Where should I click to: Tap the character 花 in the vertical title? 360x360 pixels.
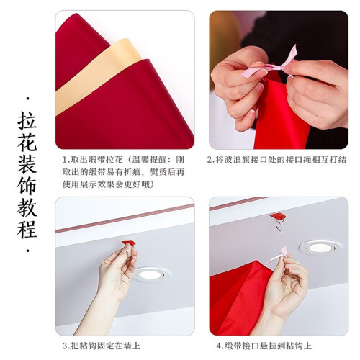(27, 143)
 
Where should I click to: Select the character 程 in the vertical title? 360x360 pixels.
(27, 228)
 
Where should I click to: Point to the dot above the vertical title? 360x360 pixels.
(28, 99)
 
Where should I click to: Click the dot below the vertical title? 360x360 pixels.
(28, 251)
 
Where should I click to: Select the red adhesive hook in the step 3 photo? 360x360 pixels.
(128, 243)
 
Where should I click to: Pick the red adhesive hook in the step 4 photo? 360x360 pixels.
(278, 216)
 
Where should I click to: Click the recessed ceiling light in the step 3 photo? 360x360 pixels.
(150, 274)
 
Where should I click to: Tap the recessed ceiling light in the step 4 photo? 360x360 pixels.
(320, 248)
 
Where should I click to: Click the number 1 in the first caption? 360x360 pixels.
(65, 160)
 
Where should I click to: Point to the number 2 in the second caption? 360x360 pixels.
(210, 160)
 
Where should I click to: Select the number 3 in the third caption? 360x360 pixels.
(65, 346)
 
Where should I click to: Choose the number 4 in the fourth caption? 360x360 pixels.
(219, 346)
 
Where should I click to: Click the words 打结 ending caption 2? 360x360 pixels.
(338, 160)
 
